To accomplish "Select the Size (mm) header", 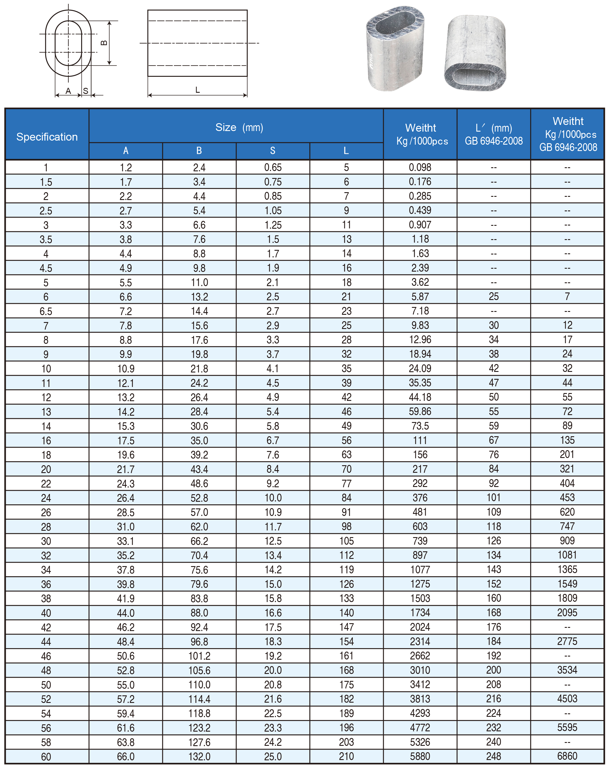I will [x=239, y=127].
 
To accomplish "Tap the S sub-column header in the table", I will [x=272, y=150].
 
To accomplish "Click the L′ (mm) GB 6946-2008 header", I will [x=494, y=134].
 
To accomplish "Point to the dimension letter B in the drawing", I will [x=104, y=43].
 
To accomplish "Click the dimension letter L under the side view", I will [x=197, y=90].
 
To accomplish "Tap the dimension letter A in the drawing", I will [x=68, y=91].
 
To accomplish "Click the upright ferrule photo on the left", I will [x=395, y=48].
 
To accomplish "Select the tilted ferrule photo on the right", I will [x=475, y=53].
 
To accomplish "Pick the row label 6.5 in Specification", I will [x=46, y=311].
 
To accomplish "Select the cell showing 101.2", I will [x=199, y=656].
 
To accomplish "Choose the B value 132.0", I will [x=199, y=756].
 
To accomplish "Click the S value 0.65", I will [x=272, y=167].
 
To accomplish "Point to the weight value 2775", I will [x=567, y=641].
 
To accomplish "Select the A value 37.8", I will [x=126, y=570].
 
